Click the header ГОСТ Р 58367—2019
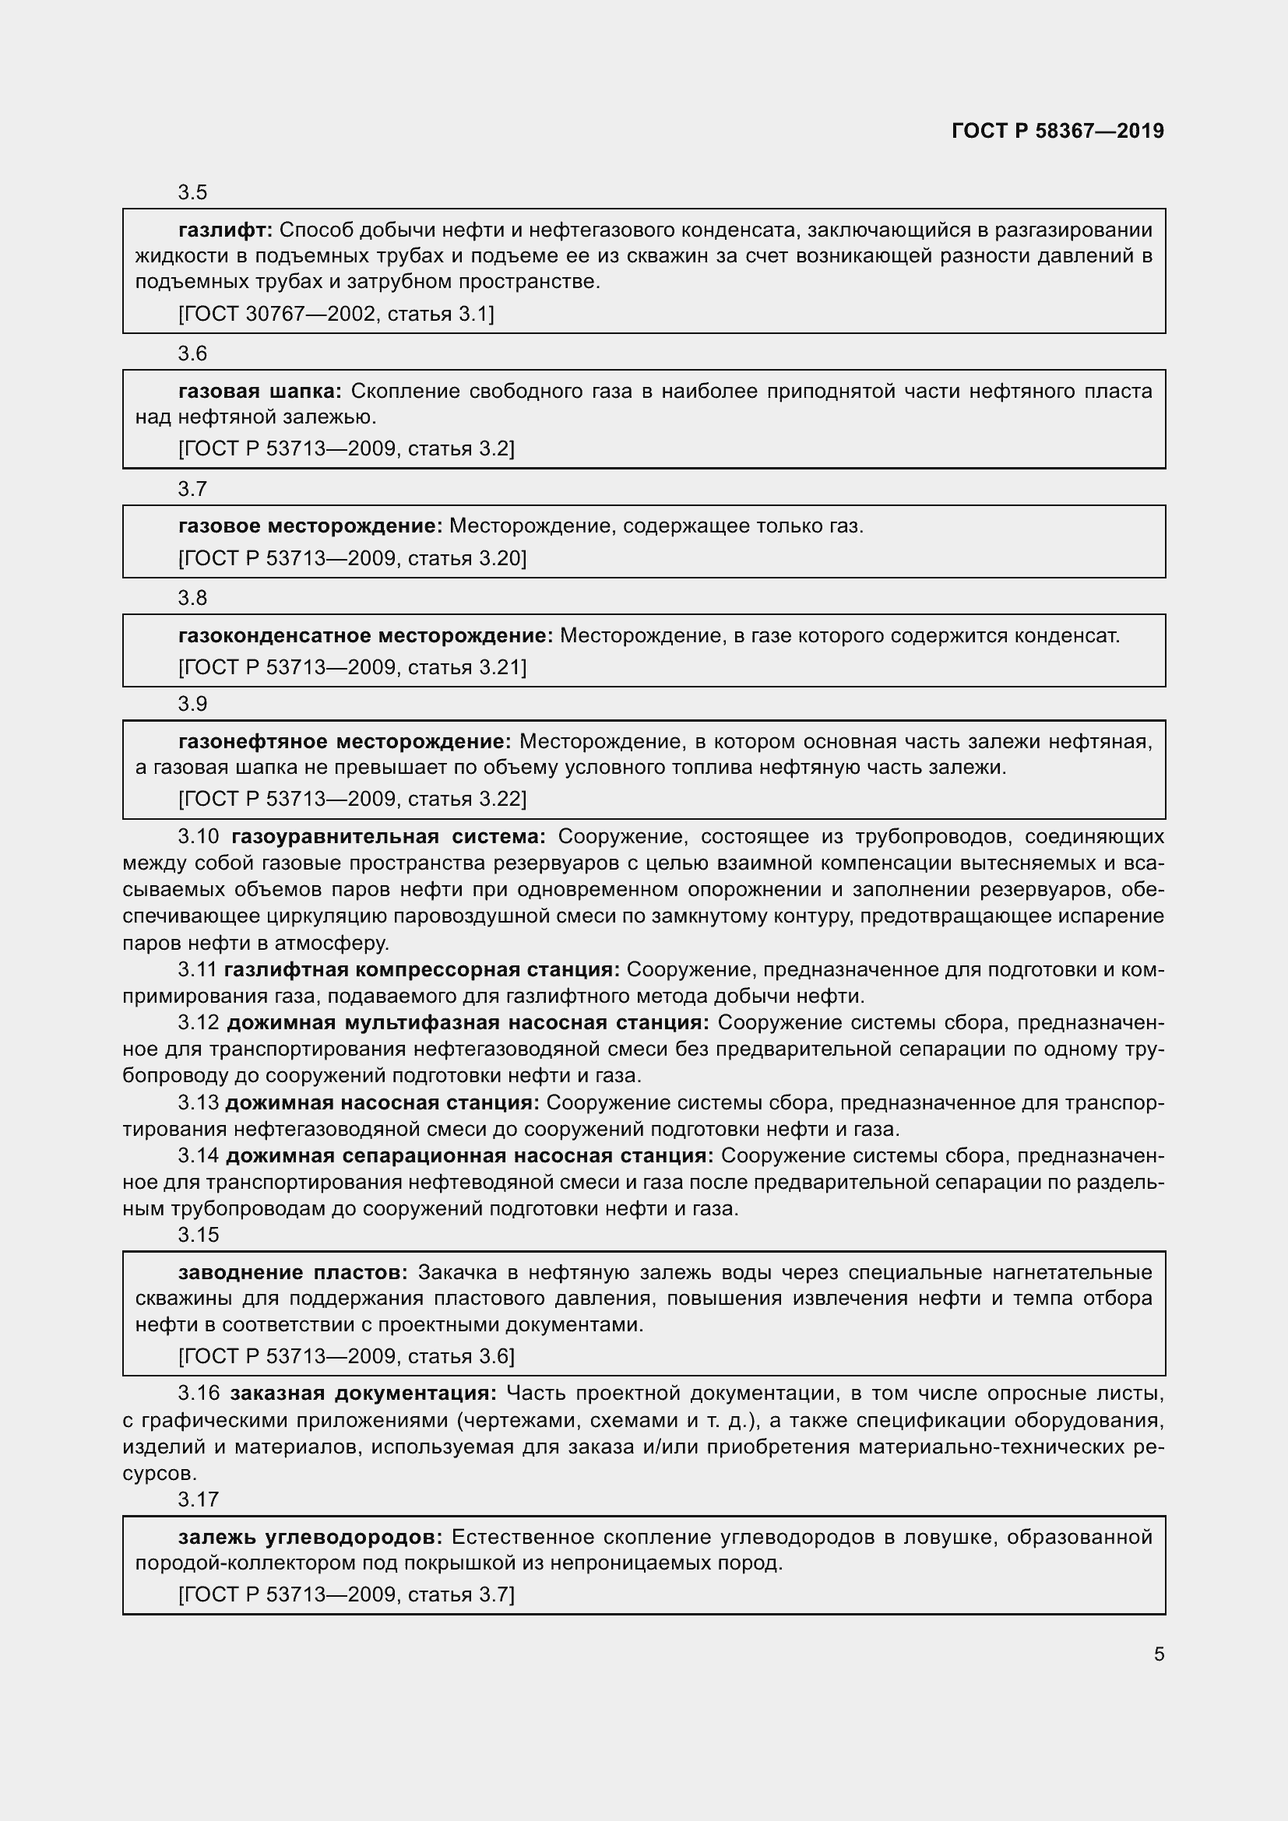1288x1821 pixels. (x=1057, y=131)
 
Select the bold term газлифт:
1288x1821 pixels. (x=225, y=230)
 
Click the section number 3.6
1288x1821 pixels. (x=192, y=353)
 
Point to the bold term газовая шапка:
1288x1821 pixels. (x=259, y=391)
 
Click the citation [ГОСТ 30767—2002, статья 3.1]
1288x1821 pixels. (x=336, y=314)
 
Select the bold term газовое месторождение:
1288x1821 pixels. (x=310, y=526)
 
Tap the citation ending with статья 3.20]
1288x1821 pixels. (x=352, y=558)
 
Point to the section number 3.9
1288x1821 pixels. (x=192, y=704)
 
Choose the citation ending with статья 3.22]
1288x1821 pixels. (x=352, y=799)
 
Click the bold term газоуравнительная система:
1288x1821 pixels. (x=389, y=837)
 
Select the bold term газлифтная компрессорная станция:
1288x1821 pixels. (x=422, y=969)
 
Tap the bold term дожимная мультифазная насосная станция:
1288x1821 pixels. (x=468, y=1023)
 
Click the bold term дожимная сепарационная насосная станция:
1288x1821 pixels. (x=470, y=1156)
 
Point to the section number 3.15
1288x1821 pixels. (x=198, y=1235)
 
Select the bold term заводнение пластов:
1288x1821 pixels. (x=293, y=1273)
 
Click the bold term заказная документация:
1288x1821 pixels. (x=363, y=1394)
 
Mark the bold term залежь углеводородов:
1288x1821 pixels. (x=310, y=1538)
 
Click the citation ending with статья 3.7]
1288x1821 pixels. (x=347, y=1594)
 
